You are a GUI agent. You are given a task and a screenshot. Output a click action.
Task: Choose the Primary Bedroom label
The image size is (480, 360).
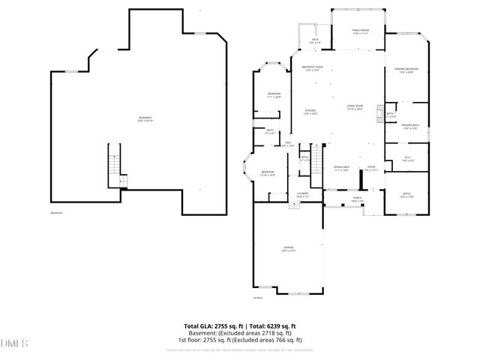coord(406,70)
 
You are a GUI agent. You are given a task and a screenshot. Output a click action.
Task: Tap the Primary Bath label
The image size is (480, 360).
coord(409,127)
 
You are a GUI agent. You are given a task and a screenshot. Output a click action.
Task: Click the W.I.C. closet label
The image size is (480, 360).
coord(408,159)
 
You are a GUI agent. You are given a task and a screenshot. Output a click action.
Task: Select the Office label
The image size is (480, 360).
coord(406,195)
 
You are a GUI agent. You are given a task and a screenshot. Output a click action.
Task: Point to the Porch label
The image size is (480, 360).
coord(357,199)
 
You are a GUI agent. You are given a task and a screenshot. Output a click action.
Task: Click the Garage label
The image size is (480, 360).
coord(288,249)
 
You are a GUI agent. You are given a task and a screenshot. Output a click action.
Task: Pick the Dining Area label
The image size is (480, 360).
coord(341,169)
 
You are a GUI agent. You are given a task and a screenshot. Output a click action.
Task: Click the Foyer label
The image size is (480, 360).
coord(371,169)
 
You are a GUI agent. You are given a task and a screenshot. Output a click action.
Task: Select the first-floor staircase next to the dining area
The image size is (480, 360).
coord(316,160)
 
